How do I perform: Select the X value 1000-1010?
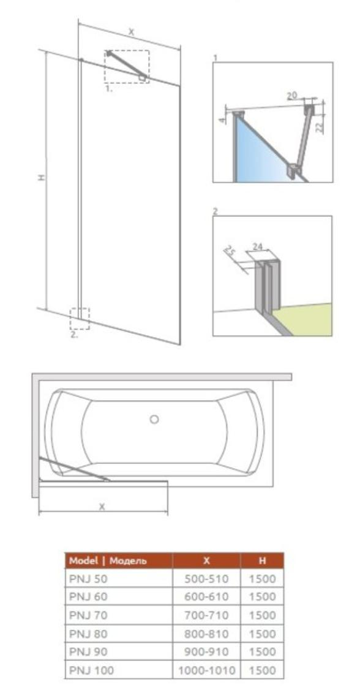point(206,670)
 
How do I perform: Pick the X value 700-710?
point(206,615)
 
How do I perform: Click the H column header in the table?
point(262,561)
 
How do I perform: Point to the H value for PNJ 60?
point(262,597)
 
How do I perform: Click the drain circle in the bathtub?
point(154,418)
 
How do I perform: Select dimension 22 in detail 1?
point(320,127)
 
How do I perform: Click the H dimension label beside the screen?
point(41,178)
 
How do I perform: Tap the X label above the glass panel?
point(131,31)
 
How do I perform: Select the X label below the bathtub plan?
point(102,507)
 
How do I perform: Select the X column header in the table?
point(206,561)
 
